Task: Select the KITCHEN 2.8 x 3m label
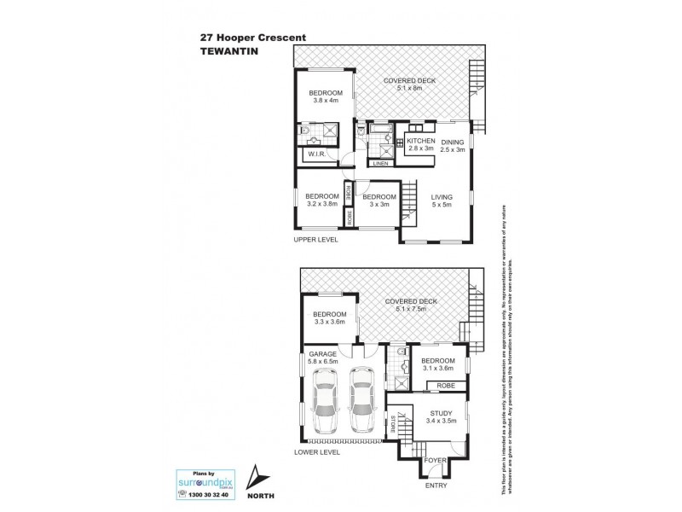pyautogui.click(x=420, y=145)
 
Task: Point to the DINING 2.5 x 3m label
pyautogui.click(x=453, y=145)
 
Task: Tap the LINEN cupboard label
pyautogui.click(x=380, y=164)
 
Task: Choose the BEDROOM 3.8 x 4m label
pyautogui.click(x=325, y=96)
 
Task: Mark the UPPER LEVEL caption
pyautogui.click(x=316, y=240)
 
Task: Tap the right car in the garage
pyautogui.click(x=361, y=400)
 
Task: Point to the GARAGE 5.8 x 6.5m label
pyautogui.click(x=322, y=358)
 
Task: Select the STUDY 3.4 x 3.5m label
pyautogui.click(x=441, y=417)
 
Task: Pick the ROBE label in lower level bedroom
pyautogui.click(x=444, y=386)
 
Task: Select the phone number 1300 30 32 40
pyautogui.click(x=210, y=495)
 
